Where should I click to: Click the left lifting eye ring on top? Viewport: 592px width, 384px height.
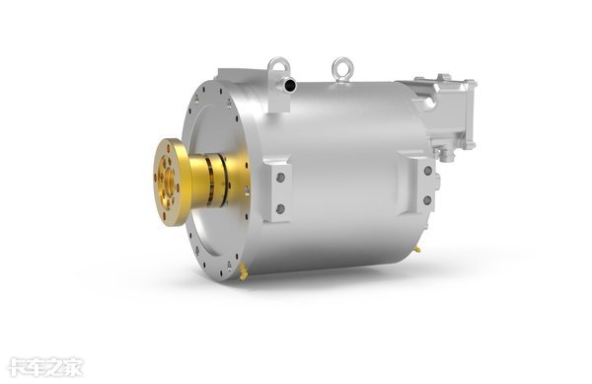pyautogui.click(x=273, y=64)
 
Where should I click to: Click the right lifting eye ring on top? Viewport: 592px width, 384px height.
pyautogui.click(x=342, y=62)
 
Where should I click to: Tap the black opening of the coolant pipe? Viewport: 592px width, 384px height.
pyautogui.click(x=289, y=86)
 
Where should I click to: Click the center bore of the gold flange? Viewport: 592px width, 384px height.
pyautogui.click(x=169, y=181)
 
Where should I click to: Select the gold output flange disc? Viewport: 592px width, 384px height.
pyautogui.click(x=172, y=182)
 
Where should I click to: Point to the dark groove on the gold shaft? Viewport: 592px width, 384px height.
pyautogui.click(x=209, y=182)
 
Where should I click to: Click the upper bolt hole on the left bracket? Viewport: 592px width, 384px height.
pyautogui.click(x=280, y=178)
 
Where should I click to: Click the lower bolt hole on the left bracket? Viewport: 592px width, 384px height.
pyautogui.click(x=280, y=209)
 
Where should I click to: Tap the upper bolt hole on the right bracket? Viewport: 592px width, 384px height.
pyautogui.click(x=428, y=171)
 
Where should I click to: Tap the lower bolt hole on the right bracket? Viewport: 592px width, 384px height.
pyautogui.click(x=427, y=200)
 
